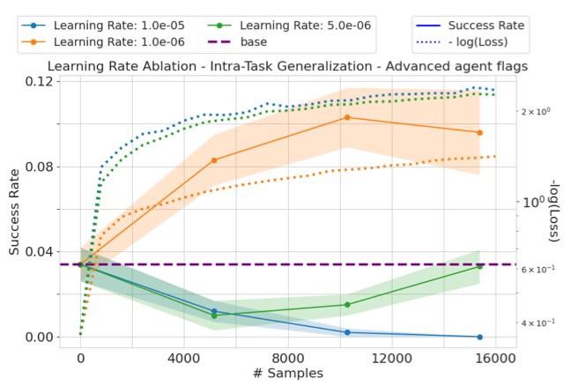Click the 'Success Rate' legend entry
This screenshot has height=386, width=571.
click(x=471, y=25)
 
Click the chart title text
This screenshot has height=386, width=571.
click(x=287, y=65)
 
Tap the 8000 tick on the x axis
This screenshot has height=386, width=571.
click(x=288, y=359)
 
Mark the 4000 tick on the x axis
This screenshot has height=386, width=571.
click(x=184, y=359)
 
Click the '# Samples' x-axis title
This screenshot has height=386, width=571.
click(x=287, y=374)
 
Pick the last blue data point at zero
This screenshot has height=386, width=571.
click(x=480, y=337)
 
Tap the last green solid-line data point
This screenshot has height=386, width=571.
click(x=480, y=265)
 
